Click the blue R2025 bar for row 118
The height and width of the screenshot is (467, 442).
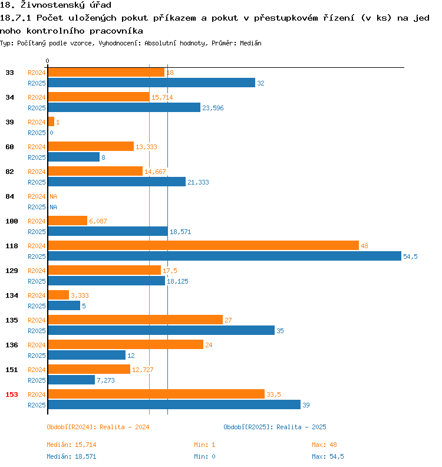(224, 256)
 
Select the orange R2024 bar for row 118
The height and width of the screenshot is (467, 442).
(203, 245)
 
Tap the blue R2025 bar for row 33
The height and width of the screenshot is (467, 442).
(151, 83)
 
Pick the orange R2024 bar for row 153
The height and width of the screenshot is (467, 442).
(156, 394)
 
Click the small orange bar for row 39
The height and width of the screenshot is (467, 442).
(51, 121)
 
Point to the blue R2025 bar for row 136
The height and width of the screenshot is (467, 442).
(87, 355)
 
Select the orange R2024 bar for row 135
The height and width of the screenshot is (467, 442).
(135, 320)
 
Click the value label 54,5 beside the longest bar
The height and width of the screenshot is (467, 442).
(410, 256)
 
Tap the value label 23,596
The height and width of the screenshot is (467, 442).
(213, 108)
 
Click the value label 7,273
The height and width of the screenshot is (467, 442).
(107, 380)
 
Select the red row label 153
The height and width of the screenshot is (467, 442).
(12, 394)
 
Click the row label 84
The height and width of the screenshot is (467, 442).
(9, 196)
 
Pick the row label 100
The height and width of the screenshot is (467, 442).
(12, 221)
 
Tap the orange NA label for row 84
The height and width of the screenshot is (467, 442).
(53, 196)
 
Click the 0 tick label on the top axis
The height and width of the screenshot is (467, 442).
(48, 61)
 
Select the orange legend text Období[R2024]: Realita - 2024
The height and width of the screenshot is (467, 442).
(98, 427)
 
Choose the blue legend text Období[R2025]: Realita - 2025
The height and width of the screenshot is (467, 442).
(275, 427)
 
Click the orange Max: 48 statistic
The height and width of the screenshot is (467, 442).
(324, 445)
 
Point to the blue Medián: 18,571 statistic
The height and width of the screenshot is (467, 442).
(71, 456)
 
